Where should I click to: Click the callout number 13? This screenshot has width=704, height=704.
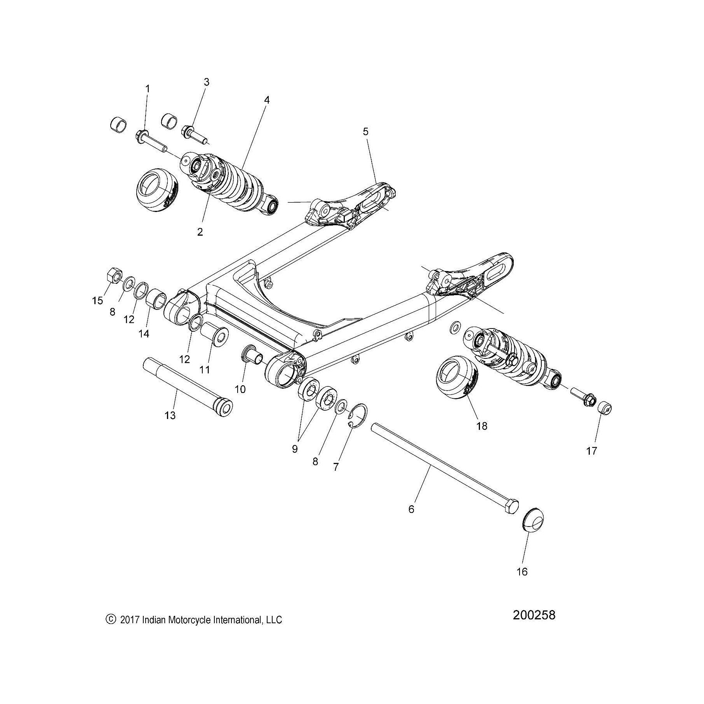(170, 415)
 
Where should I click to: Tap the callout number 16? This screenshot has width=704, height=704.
(523, 572)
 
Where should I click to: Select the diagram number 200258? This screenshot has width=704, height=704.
(534, 615)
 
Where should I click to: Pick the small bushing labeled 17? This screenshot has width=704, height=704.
(605, 408)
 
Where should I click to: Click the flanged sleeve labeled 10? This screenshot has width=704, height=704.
(251, 355)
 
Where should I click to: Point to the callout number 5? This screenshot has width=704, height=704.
(365, 132)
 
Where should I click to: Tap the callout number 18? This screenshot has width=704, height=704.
(482, 426)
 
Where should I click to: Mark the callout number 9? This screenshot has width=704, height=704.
(295, 449)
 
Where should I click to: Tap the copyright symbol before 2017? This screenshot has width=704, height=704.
(111, 619)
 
